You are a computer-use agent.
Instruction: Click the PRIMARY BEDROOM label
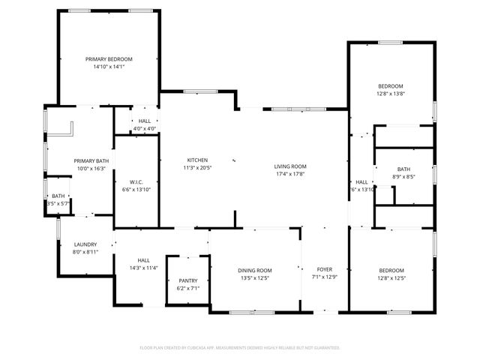click(x=109, y=59)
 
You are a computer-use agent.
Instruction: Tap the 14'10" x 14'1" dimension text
click(x=109, y=67)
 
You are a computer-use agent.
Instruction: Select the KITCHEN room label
click(x=197, y=160)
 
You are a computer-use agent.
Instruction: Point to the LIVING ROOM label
click(x=291, y=166)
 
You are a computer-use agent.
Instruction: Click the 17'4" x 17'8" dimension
click(x=291, y=174)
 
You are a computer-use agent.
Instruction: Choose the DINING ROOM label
click(x=255, y=270)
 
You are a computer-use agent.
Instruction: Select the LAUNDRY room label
click(x=85, y=244)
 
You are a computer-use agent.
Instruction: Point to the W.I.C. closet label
click(x=136, y=181)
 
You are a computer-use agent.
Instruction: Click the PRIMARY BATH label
click(x=91, y=161)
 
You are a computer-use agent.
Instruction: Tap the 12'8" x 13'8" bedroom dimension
click(x=390, y=94)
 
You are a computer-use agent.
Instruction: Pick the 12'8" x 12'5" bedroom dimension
click(x=391, y=277)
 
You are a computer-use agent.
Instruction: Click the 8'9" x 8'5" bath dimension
click(x=403, y=177)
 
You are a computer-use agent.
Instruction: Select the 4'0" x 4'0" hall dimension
click(x=145, y=128)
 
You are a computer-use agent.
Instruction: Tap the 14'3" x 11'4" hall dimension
click(x=143, y=268)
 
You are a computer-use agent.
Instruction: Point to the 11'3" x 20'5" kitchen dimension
click(x=197, y=167)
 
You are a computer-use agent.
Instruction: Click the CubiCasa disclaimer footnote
click(x=240, y=348)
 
